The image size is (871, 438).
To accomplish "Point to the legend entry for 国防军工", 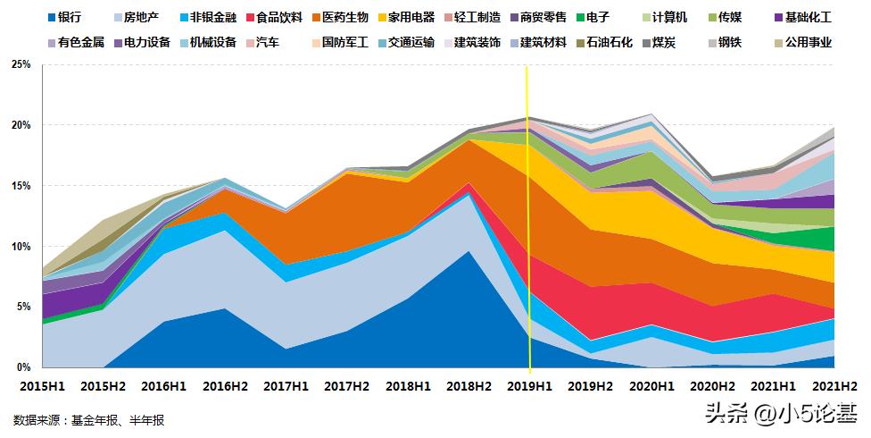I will [339, 42].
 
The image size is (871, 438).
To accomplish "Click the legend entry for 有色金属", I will [77, 42].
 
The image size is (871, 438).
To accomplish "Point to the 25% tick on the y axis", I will [21, 64].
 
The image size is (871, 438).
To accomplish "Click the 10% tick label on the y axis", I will [21, 246].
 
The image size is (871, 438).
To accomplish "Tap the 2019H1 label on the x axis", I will [530, 385].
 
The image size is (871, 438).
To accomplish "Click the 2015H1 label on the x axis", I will [42, 385].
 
